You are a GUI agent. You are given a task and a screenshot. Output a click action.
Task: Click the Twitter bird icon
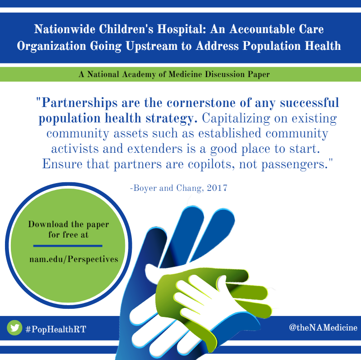pos(14,327)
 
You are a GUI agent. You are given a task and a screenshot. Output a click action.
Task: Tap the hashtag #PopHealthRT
pos(56,329)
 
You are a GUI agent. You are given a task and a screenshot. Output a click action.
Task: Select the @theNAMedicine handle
pos(323,327)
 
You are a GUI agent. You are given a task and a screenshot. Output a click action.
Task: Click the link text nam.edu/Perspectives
pos(74,259)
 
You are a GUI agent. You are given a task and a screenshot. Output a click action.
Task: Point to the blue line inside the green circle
pos(67,246)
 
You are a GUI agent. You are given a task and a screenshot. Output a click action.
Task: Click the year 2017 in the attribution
pos(217,188)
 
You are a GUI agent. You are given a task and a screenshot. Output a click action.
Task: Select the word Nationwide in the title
pos(65,29)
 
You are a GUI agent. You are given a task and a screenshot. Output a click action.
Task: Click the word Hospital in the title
pos(182,29)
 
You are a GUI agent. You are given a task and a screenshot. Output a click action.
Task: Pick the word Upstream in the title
pos(151,46)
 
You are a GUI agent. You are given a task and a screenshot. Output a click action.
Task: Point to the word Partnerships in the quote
pos(79,103)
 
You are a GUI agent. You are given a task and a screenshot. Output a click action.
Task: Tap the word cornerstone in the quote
pos(201,103)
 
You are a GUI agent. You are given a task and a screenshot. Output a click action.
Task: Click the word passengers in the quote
pos(294,165)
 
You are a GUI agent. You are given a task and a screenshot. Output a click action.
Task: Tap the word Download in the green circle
pos(48,224)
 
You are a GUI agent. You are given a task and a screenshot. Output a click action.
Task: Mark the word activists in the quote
pos(75,149)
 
